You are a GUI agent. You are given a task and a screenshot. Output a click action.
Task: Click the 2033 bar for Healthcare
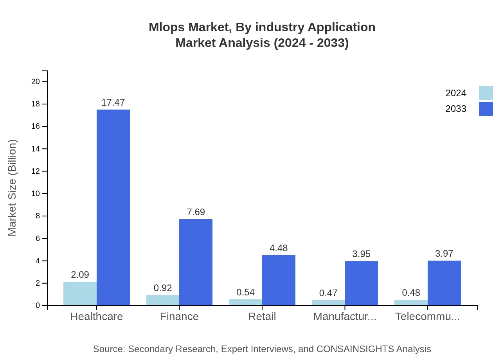pyautogui.click(x=113, y=207)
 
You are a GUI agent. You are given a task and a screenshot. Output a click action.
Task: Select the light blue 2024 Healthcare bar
pyautogui.click(x=80, y=293)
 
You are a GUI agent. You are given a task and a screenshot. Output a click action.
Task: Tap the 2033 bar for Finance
pyautogui.click(x=196, y=262)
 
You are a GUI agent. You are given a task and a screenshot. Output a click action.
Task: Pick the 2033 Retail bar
pyautogui.click(x=279, y=280)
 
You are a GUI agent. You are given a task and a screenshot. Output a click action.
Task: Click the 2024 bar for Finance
pyautogui.click(x=163, y=300)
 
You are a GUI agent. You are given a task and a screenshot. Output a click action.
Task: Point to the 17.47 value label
pyautogui.click(x=113, y=103)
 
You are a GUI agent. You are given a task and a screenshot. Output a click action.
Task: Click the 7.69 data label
pyautogui.click(x=196, y=212)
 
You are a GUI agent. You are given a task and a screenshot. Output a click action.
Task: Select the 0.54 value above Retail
pyautogui.click(x=245, y=292)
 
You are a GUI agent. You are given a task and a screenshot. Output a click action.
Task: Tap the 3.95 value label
pyautogui.click(x=361, y=254)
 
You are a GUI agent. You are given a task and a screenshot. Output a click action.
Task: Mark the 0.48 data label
pyautogui.click(x=411, y=293)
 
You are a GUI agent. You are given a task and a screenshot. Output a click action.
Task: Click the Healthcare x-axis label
pyautogui.click(x=96, y=317)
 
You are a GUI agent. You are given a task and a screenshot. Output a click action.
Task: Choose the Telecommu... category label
pyautogui.click(x=427, y=317)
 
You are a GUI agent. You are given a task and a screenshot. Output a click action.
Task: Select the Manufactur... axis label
pyautogui.click(x=345, y=317)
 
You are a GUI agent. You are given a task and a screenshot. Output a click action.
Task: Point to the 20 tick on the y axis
pyautogui.click(x=36, y=81)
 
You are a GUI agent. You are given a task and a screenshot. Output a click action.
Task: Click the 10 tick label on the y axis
pyautogui.click(x=36, y=194)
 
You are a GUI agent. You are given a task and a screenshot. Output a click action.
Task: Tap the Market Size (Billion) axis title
pyautogui.click(x=13, y=188)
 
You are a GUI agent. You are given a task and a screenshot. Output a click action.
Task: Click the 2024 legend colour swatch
pyautogui.click(x=486, y=93)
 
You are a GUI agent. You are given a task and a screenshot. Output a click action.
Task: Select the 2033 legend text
pyautogui.click(x=456, y=109)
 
